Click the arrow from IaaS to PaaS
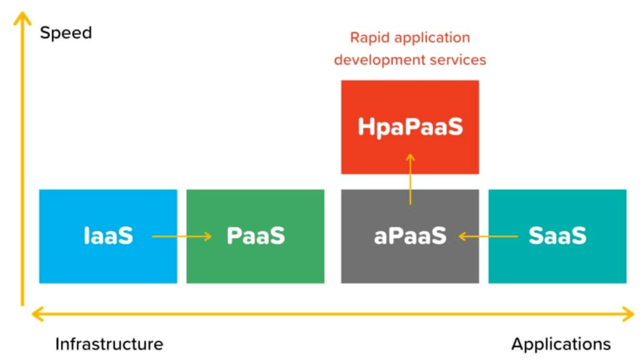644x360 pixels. tap(182, 236)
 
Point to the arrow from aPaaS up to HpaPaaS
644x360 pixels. tap(410, 179)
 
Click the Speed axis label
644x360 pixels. tap(66, 33)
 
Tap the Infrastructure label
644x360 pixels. tap(109, 344)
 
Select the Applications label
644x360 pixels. tap(561, 344)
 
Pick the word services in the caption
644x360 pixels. tap(454, 60)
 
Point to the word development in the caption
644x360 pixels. tap(376, 60)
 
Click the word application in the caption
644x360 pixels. tap(432, 38)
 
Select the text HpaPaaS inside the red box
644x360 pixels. tap(410, 127)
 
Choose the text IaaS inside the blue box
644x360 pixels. tap(107, 236)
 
